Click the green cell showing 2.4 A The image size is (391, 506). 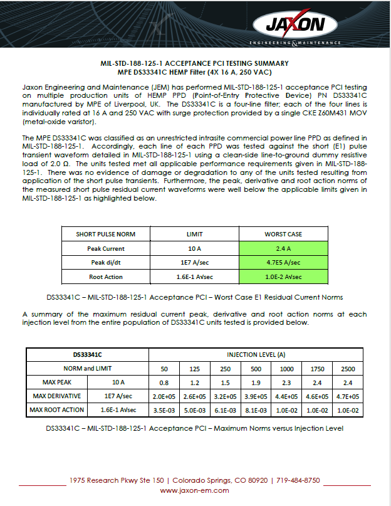(283, 248)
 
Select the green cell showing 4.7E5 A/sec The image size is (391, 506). (283, 262)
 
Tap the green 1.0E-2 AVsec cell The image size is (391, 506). (283, 276)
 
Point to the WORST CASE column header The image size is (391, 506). (283, 235)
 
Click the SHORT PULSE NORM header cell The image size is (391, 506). (105, 235)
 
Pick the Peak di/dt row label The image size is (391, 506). (105, 262)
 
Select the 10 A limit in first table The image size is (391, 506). (195, 248)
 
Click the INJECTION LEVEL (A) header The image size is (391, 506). (256, 354)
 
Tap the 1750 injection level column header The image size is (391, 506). (317, 368)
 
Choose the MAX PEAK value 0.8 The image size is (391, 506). (164, 382)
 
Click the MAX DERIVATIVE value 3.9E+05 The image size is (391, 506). (256, 396)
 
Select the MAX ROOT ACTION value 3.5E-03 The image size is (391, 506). (164, 409)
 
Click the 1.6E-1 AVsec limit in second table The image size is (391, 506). (118, 409)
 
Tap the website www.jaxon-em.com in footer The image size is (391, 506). (195, 490)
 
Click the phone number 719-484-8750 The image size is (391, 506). (298, 480)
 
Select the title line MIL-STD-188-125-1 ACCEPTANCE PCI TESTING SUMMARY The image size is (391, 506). (195, 63)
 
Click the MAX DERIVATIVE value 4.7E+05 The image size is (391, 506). (348, 396)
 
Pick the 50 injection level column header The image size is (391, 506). (164, 368)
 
